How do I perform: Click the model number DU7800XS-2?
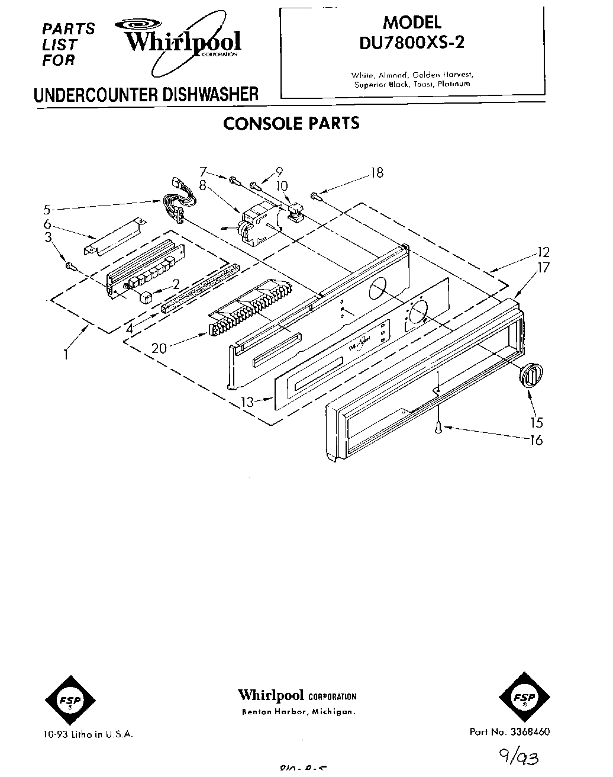(x=412, y=43)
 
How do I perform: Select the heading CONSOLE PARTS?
(x=291, y=123)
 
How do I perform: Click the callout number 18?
(x=376, y=172)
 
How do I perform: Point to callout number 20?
(x=159, y=348)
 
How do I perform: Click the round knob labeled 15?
(x=531, y=375)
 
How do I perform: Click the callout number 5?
(x=46, y=208)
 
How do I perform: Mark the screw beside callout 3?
(x=70, y=266)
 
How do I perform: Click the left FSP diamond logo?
(x=65, y=700)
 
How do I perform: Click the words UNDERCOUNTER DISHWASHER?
(x=146, y=95)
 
